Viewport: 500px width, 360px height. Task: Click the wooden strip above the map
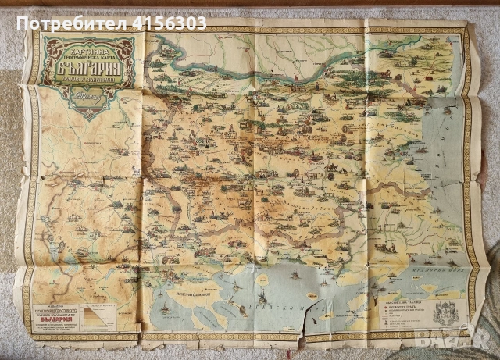[x=250, y=4]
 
